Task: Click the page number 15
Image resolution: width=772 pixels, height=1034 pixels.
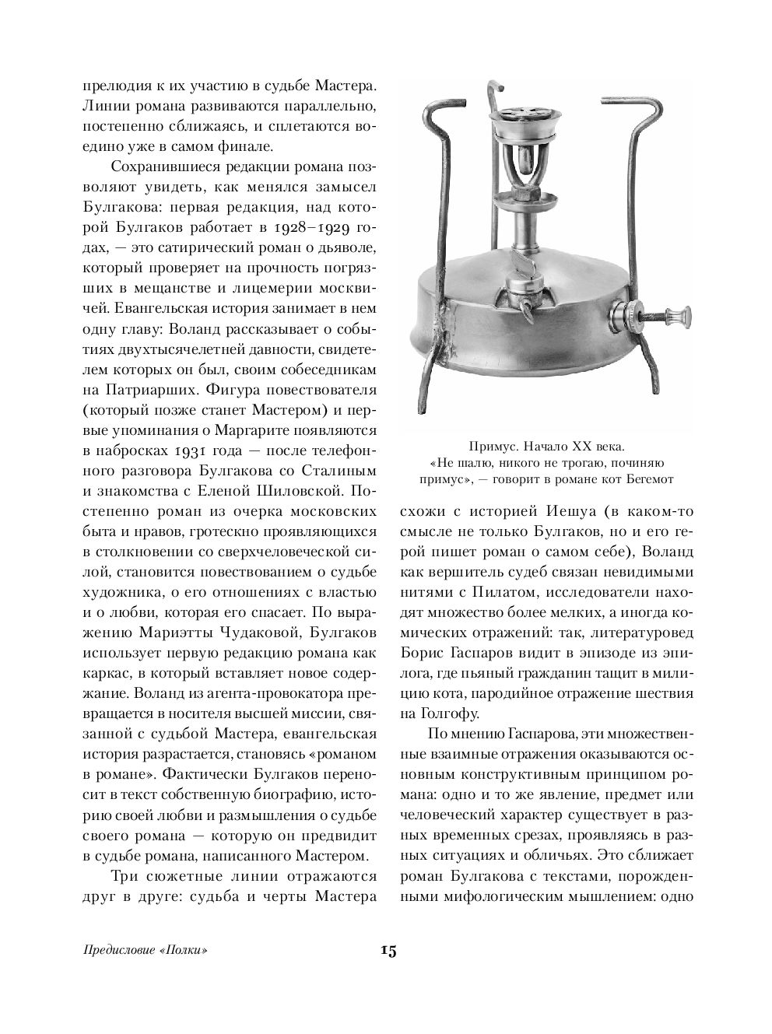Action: [388, 951]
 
